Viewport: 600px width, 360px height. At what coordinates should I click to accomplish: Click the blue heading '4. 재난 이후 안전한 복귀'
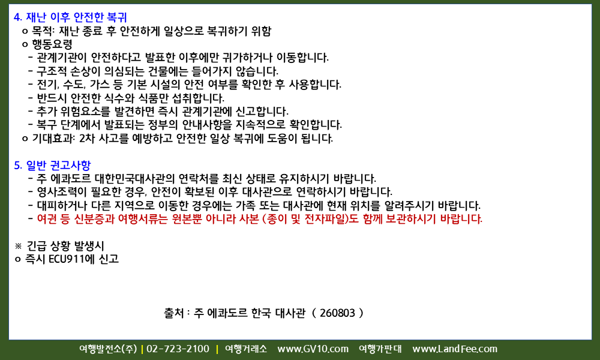point(70,17)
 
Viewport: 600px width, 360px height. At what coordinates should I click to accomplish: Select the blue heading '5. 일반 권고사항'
point(52,165)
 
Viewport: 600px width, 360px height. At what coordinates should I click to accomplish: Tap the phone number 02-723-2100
point(178,349)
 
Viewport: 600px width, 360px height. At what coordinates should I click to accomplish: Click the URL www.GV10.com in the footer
point(313,349)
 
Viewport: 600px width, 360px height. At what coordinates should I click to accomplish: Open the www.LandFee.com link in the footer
point(455,349)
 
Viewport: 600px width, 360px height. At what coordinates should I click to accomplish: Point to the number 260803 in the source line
point(337,313)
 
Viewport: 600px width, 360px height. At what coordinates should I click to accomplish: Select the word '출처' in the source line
point(174,313)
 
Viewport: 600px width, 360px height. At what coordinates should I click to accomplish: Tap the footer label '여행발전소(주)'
point(108,349)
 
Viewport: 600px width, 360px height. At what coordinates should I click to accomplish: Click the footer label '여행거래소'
point(246,349)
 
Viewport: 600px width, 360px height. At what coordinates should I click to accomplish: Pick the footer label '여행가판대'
point(380,349)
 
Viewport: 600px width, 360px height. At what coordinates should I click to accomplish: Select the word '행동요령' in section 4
point(52,44)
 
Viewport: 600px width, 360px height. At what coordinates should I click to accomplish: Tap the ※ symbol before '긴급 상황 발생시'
point(19,246)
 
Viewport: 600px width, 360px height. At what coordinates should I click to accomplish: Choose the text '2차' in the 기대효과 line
point(87,139)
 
